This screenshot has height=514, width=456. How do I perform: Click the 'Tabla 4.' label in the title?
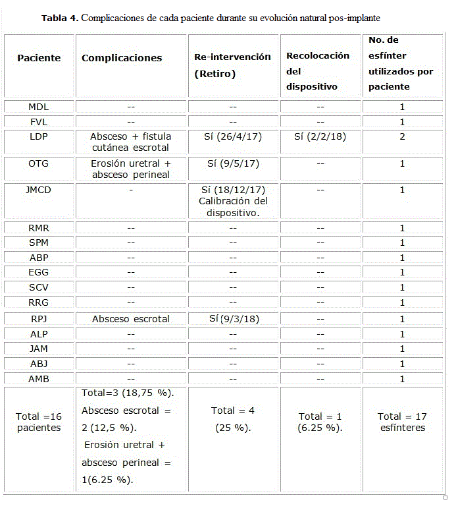[60, 18]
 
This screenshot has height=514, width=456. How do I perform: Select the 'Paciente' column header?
[39, 58]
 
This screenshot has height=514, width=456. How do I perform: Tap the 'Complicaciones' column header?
[122, 58]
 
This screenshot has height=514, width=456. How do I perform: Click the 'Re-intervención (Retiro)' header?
[232, 65]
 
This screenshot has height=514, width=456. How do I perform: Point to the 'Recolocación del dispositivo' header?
[318, 71]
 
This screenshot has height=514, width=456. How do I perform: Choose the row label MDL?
[38, 107]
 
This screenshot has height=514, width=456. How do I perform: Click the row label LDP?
[38, 136]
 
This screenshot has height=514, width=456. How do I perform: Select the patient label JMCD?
[38, 190]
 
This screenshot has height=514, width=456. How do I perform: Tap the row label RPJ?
[38, 319]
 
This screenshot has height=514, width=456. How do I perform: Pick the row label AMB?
[38, 379]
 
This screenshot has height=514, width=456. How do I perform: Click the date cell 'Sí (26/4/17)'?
[232, 136]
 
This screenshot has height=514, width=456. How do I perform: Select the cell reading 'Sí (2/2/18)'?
[320, 136]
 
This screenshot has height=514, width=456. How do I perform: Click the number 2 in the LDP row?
[402, 136]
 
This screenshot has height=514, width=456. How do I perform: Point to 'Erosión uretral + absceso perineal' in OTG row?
[130, 169]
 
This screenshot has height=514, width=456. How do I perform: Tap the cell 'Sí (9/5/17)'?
[232, 163]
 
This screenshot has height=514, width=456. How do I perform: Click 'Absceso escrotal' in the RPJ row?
[130, 319]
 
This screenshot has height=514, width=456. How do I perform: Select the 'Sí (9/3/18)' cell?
[232, 319]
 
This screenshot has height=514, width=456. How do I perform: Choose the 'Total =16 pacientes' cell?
[39, 422]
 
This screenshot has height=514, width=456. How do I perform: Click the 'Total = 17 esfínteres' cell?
[402, 422]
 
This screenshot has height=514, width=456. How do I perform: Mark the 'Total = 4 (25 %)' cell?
[232, 418]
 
